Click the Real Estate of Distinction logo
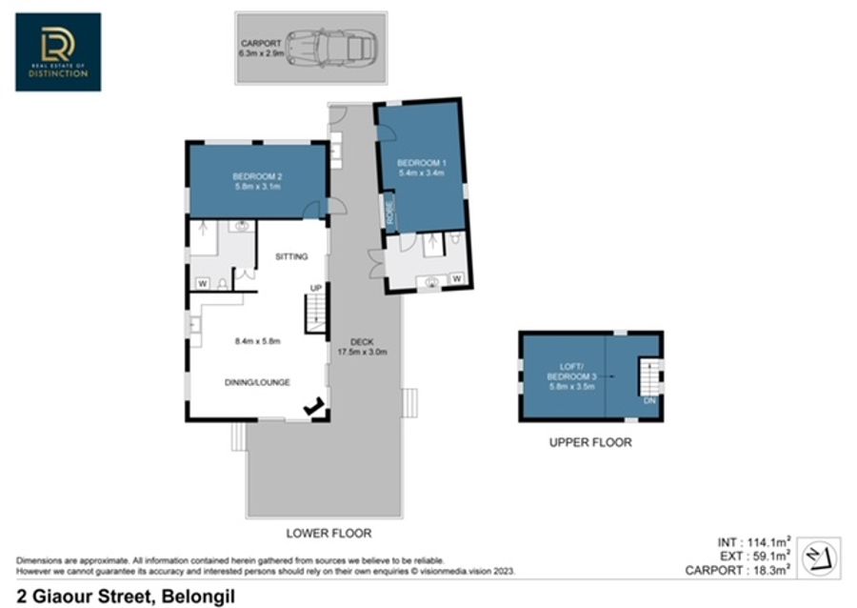click(58, 52)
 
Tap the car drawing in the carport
click(332, 48)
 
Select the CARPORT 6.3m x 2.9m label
click(261, 48)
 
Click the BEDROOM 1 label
click(422, 168)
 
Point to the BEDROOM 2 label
click(257, 181)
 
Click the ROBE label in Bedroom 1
click(389, 212)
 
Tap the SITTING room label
click(291, 256)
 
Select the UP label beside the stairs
click(316, 288)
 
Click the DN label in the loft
click(649, 401)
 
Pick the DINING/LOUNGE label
click(257, 382)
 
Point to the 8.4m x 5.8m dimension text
click(257, 341)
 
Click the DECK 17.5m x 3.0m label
click(362, 347)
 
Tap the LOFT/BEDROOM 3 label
click(571, 376)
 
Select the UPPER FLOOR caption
click(590, 442)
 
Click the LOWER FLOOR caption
click(329, 533)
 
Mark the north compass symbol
click(819, 558)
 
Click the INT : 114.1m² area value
click(754, 542)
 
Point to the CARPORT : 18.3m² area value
click(738, 570)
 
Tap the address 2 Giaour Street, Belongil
click(127, 596)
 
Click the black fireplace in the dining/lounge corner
click(313, 407)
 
